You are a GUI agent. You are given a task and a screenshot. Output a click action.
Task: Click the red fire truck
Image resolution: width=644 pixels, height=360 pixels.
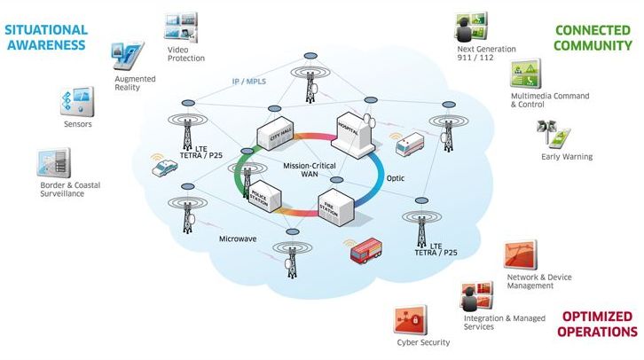(x=366, y=250)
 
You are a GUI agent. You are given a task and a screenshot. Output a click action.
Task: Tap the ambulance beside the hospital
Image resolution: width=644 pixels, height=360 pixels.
(x=410, y=144)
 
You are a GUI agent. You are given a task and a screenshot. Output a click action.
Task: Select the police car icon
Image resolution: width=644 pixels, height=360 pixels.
(x=164, y=168)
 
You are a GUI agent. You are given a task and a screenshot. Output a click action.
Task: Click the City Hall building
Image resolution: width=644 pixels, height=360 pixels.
(x=275, y=133)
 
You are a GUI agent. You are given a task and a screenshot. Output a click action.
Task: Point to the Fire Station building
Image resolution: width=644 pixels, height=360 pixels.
(x=336, y=207)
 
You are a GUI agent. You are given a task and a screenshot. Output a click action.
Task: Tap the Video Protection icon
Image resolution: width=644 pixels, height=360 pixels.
(x=181, y=27)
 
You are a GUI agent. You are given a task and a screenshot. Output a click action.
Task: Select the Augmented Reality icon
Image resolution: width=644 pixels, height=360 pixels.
(x=128, y=55)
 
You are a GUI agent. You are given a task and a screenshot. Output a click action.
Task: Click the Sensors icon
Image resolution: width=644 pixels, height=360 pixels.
(x=77, y=101)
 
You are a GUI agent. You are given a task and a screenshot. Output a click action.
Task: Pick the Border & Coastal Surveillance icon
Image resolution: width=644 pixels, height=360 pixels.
(x=54, y=163)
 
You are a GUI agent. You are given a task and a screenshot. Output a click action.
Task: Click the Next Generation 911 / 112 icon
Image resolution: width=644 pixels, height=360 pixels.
(x=472, y=27)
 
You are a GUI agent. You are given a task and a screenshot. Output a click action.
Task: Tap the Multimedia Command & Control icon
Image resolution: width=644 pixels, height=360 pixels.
(x=525, y=74)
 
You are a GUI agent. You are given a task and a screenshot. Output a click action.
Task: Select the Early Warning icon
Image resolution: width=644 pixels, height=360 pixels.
(x=554, y=133)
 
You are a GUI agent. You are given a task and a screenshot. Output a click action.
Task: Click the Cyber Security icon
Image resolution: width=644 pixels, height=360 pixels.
(x=411, y=320)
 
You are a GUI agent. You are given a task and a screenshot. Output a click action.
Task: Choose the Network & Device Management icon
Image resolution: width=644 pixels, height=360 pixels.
(x=521, y=254)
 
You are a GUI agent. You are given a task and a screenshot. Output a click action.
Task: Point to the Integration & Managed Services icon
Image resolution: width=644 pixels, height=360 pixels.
(x=477, y=295)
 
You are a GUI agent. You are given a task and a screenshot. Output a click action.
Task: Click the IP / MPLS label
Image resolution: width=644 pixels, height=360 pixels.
(x=249, y=82)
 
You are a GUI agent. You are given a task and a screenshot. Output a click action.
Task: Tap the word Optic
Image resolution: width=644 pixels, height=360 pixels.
(x=395, y=178)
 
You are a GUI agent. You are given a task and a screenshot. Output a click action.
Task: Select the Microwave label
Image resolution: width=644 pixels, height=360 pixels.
(x=238, y=239)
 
